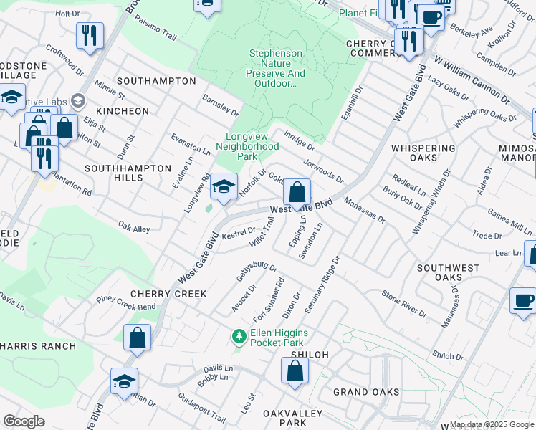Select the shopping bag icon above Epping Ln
click(297, 193)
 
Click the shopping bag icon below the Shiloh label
click(295, 371)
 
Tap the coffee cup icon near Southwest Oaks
click(523, 300)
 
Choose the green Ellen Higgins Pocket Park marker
click(238, 335)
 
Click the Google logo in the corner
click(24, 421)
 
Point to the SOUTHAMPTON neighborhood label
click(156, 81)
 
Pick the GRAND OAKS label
click(366, 392)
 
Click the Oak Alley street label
click(135, 228)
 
